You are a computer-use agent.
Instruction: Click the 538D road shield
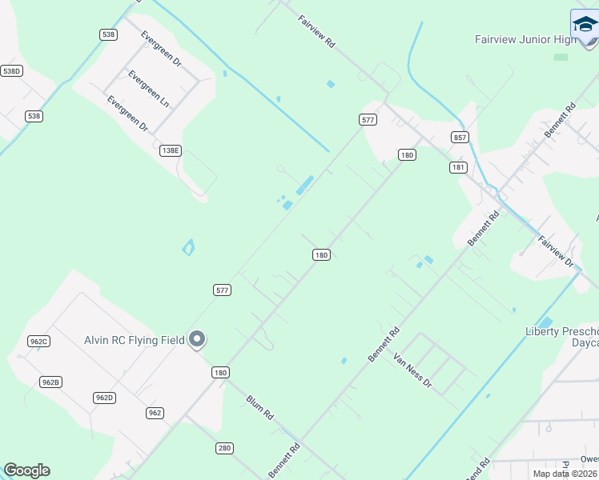[x=11, y=71]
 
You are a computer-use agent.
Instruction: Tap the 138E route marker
[x=171, y=150]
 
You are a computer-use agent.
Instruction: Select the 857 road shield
[x=459, y=137]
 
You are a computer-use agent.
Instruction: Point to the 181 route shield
[x=458, y=167]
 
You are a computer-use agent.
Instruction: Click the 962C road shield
[x=38, y=342]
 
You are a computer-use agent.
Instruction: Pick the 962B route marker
[x=50, y=382]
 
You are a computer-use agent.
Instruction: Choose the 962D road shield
[x=104, y=398]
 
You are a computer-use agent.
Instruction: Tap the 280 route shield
[x=224, y=448]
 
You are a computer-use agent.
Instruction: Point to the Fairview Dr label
[x=556, y=251]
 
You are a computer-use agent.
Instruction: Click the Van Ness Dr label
[x=412, y=371]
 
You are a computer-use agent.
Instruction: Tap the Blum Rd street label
[x=260, y=408]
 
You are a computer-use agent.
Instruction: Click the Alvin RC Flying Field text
[x=135, y=340]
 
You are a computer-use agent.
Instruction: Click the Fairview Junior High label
[x=525, y=38]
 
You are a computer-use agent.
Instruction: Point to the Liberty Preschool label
[x=561, y=331]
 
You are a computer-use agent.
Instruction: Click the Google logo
[x=26, y=470]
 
